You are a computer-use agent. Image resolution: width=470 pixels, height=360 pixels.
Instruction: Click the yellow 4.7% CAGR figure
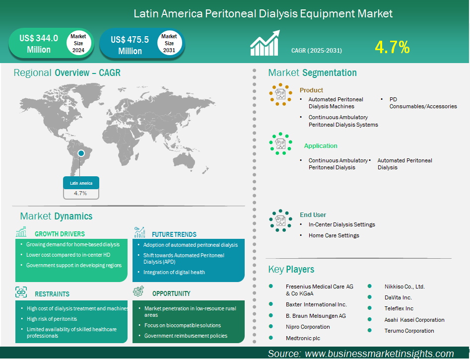tap(392, 47)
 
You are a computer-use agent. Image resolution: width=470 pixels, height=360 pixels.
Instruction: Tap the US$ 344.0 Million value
tap(39, 44)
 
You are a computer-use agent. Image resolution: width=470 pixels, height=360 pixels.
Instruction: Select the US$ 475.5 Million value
tap(130, 45)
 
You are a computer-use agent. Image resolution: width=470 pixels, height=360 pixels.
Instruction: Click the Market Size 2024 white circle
tap(78, 43)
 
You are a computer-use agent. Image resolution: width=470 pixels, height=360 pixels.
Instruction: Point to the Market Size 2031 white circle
tap(169, 43)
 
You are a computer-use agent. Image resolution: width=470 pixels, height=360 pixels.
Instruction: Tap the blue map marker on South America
tap(81, 153)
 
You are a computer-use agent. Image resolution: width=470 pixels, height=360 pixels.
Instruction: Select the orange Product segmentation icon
tap(280, 94)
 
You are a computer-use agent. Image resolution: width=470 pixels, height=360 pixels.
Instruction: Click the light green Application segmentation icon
tap(280, 144)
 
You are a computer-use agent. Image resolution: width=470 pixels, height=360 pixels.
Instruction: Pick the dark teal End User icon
tap(280, 220)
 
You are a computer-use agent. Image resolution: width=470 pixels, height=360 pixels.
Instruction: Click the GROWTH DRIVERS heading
tap(60, 234)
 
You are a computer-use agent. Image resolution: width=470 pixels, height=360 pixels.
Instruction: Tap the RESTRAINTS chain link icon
tap(21, 292)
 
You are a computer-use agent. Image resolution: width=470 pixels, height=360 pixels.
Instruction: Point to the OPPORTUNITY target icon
tap(138, 291)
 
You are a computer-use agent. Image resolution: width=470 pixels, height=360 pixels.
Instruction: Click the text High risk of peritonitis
tap(52, 319)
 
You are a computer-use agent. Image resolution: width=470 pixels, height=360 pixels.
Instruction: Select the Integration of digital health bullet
tap(174, 272)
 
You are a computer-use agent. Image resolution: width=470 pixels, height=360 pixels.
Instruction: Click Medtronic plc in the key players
tap(303, 338)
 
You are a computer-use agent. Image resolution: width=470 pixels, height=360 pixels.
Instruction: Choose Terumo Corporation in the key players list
tap(409, 331)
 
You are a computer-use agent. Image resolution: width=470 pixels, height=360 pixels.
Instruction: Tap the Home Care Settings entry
tap(334, 235)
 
